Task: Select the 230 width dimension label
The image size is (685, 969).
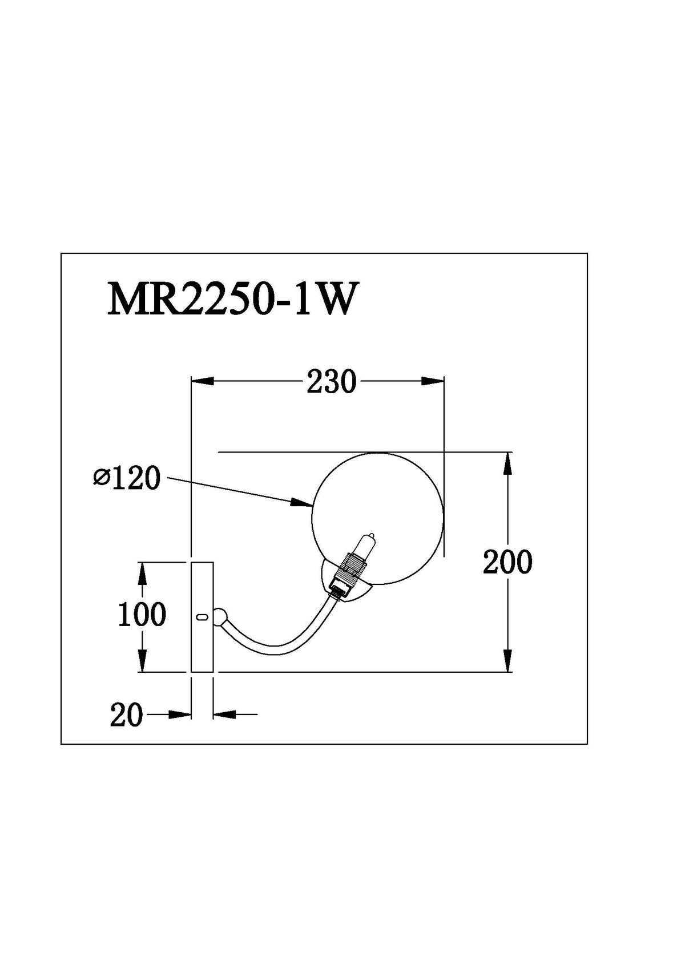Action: pos(331,382)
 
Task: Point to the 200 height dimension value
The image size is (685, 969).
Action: pos(507,562)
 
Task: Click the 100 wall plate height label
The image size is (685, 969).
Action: pos(142,615)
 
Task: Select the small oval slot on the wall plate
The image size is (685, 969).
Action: pos(201,616)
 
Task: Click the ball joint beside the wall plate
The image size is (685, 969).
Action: pos(220,616)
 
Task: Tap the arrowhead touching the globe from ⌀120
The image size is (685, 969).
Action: pos(303,502)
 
